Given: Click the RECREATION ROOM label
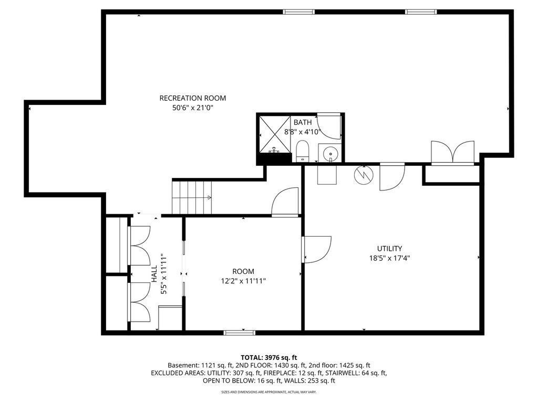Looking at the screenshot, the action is [192, 98].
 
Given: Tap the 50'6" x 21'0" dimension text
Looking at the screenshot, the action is [192, 108].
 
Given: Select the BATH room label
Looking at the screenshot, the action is [303, 122].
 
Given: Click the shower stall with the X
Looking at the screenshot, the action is [274, 134].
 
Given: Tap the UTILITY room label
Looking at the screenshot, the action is [389, 248].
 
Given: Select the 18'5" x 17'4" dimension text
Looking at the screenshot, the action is [389, 258].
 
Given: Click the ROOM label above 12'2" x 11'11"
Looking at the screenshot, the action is [243, 271].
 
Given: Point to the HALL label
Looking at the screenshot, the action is [154, 274].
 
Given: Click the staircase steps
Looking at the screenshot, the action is [192, 197].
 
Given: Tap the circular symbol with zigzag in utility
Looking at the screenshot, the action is [363, 175].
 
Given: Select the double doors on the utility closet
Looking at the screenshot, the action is [452, 152].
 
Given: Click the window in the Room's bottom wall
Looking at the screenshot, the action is [239, 332].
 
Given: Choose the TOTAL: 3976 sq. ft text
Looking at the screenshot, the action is [268, 358].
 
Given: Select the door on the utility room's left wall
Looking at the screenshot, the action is [317, 249].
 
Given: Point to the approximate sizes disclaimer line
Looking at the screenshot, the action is [268, 391].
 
